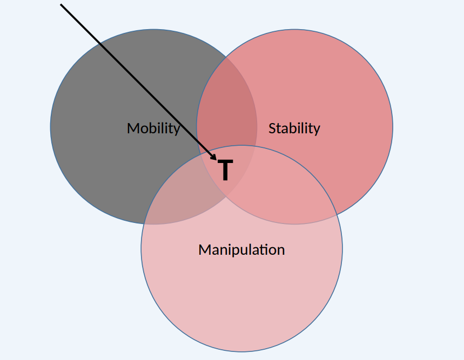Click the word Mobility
tap(153, 128)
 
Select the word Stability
tap(294, 128)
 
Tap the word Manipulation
tap(241, 250)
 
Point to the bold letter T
tap(226, 171)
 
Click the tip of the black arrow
tap(216, 160)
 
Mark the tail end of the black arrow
tap(60, 4)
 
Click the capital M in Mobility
tap(133, 128)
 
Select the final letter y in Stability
tap(317, 130)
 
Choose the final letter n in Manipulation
tap(281, 250)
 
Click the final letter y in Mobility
tap(176, 130)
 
